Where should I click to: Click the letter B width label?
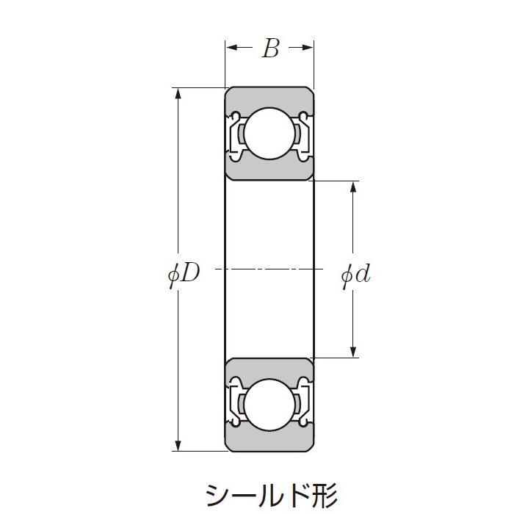pos(270,48)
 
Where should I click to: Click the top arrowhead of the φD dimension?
pos(177,93)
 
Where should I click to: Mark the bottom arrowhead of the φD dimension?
pos(177,445)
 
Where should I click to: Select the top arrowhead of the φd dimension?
pos(354,187)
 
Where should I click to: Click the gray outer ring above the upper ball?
pos(269,97)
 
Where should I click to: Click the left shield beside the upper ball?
pos(235,134)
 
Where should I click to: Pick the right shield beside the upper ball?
pos(303,134)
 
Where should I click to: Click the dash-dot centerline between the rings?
pos(269,269)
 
